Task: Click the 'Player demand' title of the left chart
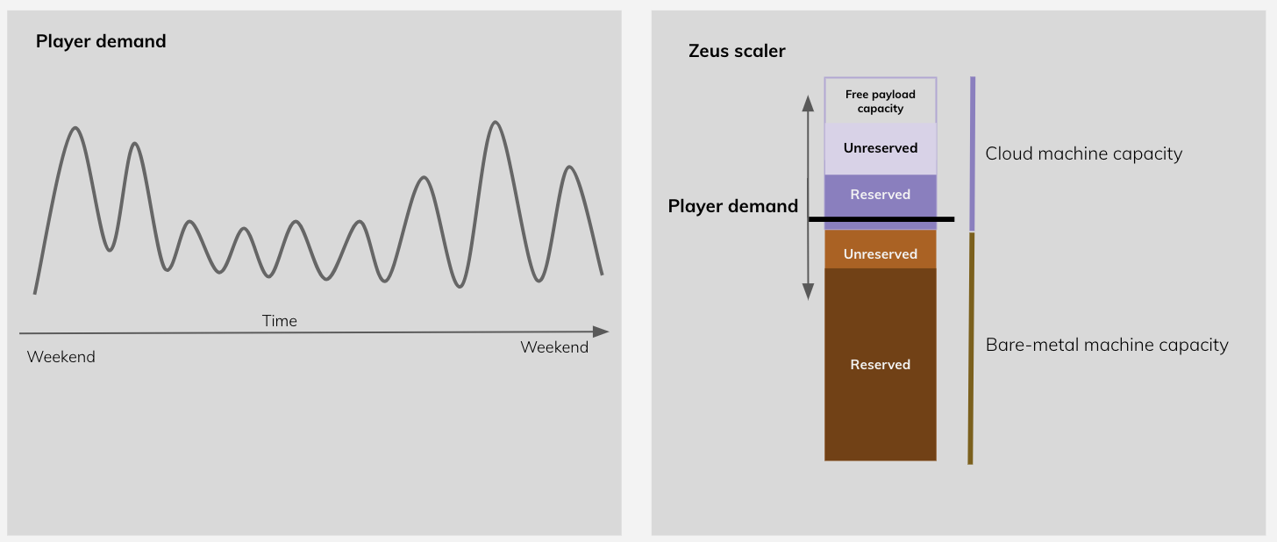click(101, 41)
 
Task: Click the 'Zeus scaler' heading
click(737, 51)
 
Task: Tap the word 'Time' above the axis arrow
click(280, 321)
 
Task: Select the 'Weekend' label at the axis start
click(61, 357)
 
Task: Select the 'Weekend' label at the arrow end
click(554, 347)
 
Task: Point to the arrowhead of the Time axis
click(602, 332)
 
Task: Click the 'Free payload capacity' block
click(881, 101)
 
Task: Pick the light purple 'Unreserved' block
click(881, 148)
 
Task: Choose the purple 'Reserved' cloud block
click(881, 195)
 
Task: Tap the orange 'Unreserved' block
click(881, 253)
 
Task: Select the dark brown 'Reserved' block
click(881, 364)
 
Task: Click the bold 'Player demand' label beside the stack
click(733, 206)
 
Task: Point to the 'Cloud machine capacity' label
click(1084, 154)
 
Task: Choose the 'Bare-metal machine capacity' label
click(1107, 345)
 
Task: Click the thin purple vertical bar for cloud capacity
click(972, 153)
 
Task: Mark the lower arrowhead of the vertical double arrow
click(809, 294)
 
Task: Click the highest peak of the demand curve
click(496, 123)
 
